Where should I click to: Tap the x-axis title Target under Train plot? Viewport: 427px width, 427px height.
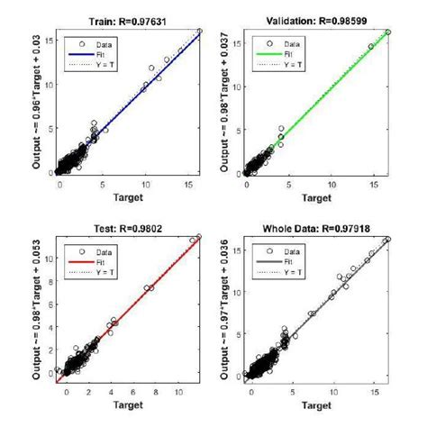pos(127,195)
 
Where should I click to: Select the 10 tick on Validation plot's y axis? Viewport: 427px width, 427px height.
pos(236,87)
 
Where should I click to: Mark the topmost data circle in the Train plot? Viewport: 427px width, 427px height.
pos(200,32)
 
